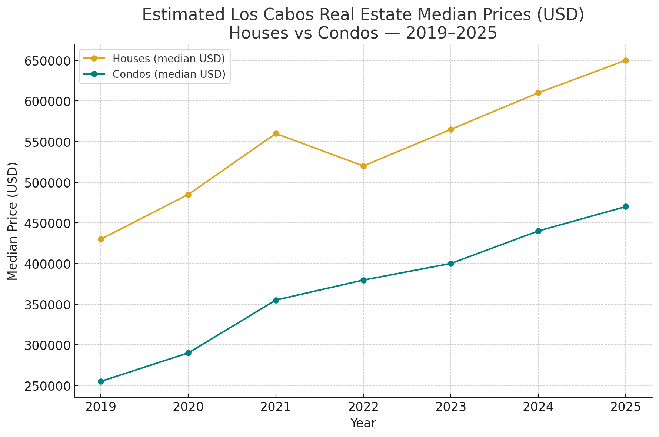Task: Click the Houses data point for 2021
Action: (276, 133)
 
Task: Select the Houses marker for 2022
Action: (363, 166)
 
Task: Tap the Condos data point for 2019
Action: (101, 381)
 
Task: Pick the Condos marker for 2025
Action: (626, 206)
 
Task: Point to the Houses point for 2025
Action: (626, 60)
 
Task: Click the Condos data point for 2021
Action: (276, 300)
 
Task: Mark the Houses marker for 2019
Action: (101, 239)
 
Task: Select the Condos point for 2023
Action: (451, 264)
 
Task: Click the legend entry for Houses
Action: (169, 59)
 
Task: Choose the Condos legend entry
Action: (169, 74)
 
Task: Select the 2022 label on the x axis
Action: (363, 407)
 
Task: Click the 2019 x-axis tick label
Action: (101, 407)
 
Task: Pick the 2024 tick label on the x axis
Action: (538, 407)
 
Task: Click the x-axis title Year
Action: (363, 423)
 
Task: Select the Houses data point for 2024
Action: (538, 93)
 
